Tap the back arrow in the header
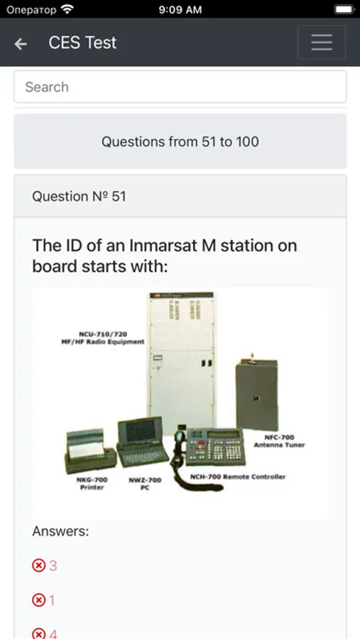21,43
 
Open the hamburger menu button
322,43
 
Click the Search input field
180,87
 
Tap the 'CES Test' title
82,43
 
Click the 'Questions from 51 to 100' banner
180,141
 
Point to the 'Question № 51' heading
79,197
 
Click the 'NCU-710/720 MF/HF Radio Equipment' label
103,338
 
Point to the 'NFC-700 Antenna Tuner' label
279,441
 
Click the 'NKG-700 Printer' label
92,484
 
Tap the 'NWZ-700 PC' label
145,484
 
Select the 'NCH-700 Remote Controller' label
238,476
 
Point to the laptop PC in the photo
143,442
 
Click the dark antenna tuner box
257,394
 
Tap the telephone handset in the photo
178,448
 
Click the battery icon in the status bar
345,9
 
